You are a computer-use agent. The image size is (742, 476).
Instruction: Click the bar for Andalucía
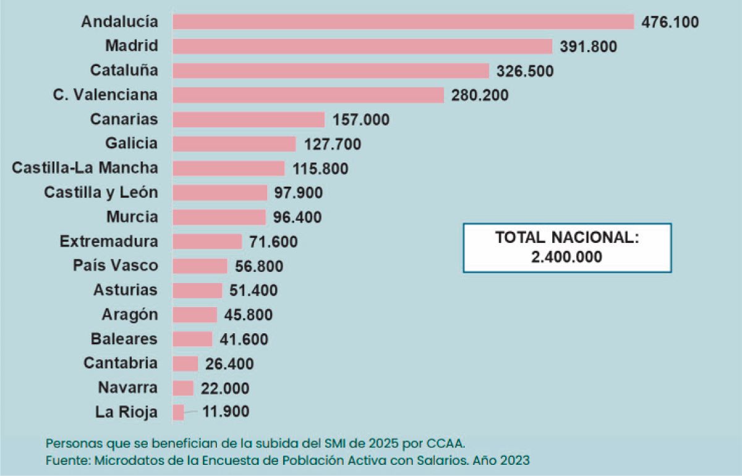pyautogui.click(x=403, y=22)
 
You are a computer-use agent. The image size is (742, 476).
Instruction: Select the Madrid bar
pyautogui.click(x=362, y=46)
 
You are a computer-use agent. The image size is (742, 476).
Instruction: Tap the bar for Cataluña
pyautogui.click(x=330, y=70)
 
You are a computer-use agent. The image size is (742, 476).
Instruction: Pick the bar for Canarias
pyautogui.click(x=248, y=119)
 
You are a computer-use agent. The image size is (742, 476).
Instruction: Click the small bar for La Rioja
pyautogui.click(x=178, y=412)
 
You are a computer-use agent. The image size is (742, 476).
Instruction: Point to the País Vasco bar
pyautogui.click(x=200, y=266)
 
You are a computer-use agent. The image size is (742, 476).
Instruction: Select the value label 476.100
pyautogui.click(x=670, y=22)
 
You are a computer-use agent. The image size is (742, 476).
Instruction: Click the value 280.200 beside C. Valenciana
pyautogui.click(x=480, y=95)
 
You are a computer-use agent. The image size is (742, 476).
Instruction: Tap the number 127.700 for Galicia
pyautogui.click(x=333, y=144)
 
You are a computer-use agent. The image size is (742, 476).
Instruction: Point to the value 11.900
pyautogui.click(x=226, y=412)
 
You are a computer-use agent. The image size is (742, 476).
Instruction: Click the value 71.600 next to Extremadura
pyautogui.click(x=273, y=242)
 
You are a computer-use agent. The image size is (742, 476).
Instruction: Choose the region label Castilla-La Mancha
pyautogui.click(x=85, y=168)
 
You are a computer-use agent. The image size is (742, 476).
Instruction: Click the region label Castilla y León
pyautogui.click(x=101, y=192)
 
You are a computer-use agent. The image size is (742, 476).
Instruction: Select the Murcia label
pyautogui.click(x=132, y=217)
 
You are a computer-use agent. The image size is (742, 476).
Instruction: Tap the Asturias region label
pyautogui.click(x=126, y=290)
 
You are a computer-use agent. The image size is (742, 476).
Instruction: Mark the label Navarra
pyautogui.click(x=127, y=388)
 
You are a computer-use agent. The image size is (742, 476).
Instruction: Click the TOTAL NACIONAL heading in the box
pyautogui.click(x=566, y=237)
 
